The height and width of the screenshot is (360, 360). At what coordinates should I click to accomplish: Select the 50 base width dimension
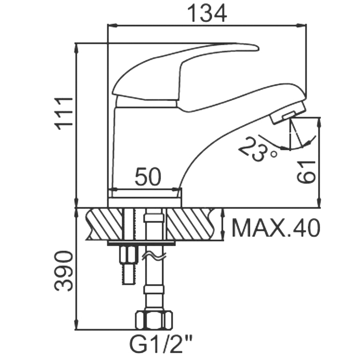(x=148, y=177)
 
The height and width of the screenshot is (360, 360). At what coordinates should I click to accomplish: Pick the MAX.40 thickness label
(x=276, y=227)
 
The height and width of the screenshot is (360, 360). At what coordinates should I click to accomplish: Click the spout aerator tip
(x=287, y=113)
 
